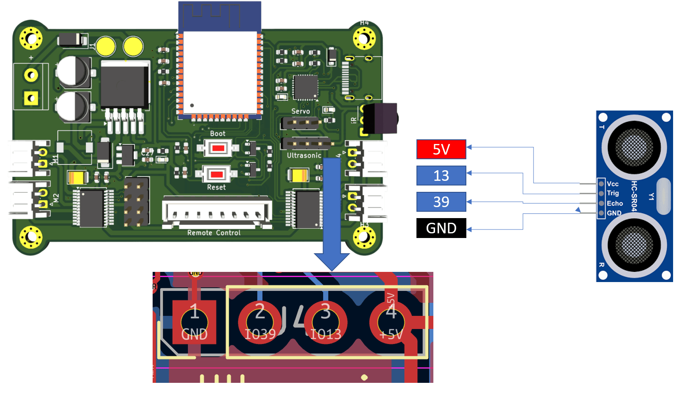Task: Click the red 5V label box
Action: [441, 149]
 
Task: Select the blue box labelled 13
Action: [441, 175]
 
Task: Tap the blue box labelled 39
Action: [441, 202]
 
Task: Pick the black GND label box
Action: [441, 228]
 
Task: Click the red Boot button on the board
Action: [218, 148]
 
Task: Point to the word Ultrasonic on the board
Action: [304, 155]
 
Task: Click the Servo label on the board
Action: [301, 111]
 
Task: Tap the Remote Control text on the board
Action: [214, 233]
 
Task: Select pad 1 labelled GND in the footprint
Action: [194, 322]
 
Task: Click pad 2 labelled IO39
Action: [260, 322]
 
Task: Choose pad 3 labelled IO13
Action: [326, 322]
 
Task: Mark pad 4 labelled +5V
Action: [391, 322]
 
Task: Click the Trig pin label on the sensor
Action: [613, 193]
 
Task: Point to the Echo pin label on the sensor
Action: [615, 203]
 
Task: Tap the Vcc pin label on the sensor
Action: [613, 184]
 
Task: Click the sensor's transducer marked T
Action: [634, 147]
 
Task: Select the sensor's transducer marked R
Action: [634, 245]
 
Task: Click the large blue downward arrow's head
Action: [332, 260]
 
